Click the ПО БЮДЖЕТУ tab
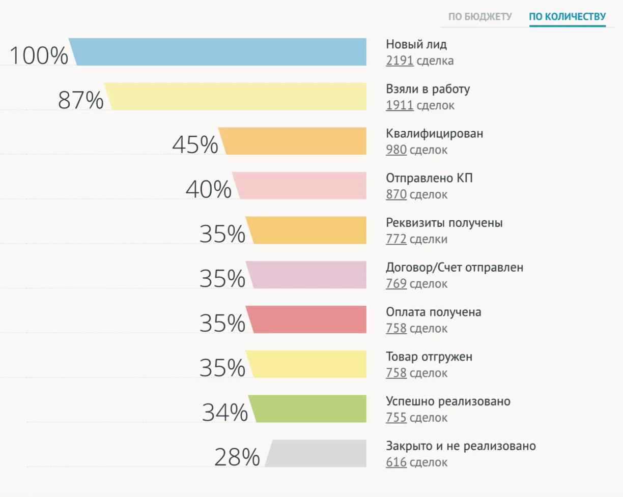pos(479,17)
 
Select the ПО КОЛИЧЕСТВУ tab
pos(567,17)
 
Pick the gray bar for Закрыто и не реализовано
pos(318,453)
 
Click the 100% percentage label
pos(39,55)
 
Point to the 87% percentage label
pos(80,100)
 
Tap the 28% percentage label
pos(237,457)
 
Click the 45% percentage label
pos(195,145)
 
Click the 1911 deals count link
pos(400,106)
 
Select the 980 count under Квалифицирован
pos(396,150)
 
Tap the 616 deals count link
pos(396,462)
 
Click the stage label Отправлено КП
pos(426,179)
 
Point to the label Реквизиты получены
pos(444,223)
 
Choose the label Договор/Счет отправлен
pos(455,268)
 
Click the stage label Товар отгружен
pos(429,357)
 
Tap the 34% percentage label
pos(224,413)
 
